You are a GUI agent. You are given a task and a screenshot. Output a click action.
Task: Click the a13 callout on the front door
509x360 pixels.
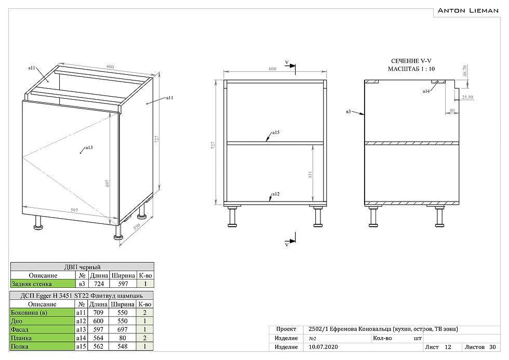pyautogui.click(x=89, y=148)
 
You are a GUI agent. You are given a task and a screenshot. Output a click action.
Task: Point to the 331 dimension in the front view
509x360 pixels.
pyautogui.click(x=310, y=176)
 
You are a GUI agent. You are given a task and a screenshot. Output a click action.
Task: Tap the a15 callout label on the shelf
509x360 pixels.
pyautogui.click(x=276, y=133)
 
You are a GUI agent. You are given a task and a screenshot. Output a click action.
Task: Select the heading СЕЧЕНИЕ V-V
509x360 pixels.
pyautogui.click(x=411, y=61)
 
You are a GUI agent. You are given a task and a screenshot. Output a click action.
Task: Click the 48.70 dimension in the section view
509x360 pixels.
pyautogui.click(x=464, y=71)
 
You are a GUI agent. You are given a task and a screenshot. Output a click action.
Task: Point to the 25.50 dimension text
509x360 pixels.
pyautogui.click(x=467, y=97)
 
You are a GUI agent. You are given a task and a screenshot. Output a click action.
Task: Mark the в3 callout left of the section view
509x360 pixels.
pyautogui.click(x=349, y=111)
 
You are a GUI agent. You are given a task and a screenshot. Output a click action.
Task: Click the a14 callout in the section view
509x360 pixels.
pyautogui.click(x=426, y=91)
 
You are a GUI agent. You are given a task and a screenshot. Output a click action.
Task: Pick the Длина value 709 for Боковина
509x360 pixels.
pyautogui.click(x=98, y=313)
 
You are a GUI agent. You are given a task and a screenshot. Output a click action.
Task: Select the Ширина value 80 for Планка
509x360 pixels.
pyautogui.click(x=123, y=338)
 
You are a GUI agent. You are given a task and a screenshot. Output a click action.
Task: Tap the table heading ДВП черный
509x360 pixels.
pyautogui.click(x=82, y=266)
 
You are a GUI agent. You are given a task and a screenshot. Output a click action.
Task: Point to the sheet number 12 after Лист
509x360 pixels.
pyautogui.click(x=448, y=346)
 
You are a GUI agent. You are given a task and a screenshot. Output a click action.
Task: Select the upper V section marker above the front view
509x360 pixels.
pyautogui.click(x=287, y=63)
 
